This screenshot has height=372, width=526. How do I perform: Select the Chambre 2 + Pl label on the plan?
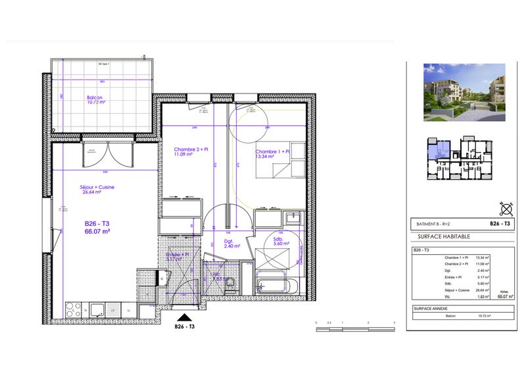tap(191, 149)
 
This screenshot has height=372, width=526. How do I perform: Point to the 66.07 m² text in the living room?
tap(97, 231)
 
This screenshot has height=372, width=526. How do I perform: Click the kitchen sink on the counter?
tap(99, 309)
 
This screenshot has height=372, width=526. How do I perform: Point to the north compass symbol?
tap(506, 210)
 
